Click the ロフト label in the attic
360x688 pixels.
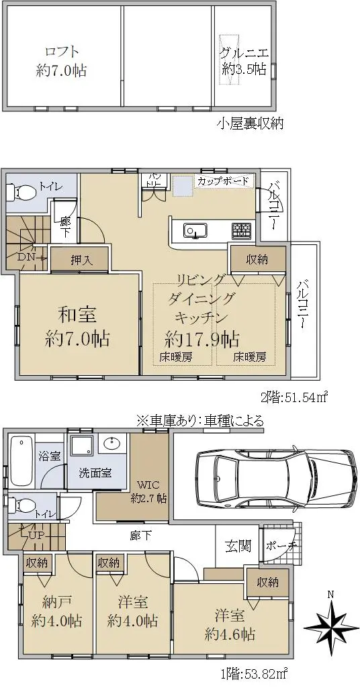(61, 51)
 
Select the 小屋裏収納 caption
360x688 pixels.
(250, 124)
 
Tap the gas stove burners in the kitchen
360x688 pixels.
(242, 230)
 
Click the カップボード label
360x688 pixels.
(223, 181)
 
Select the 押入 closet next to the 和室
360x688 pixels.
(79, 259)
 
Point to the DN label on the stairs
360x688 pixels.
(26, 257)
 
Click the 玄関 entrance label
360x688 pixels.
(238, 546)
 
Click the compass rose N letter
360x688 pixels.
(332, 595)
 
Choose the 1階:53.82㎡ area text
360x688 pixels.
(254, 672)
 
